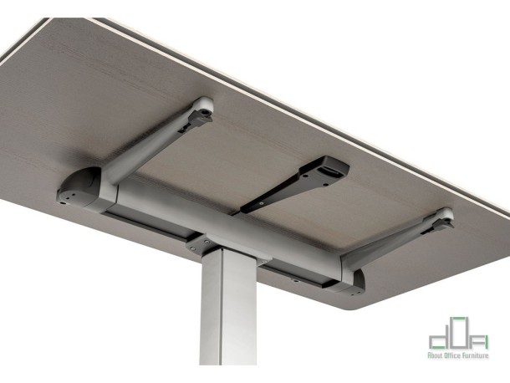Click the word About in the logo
point(436,356)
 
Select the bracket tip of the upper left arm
point(201,110)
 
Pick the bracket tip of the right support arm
point(441,219)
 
